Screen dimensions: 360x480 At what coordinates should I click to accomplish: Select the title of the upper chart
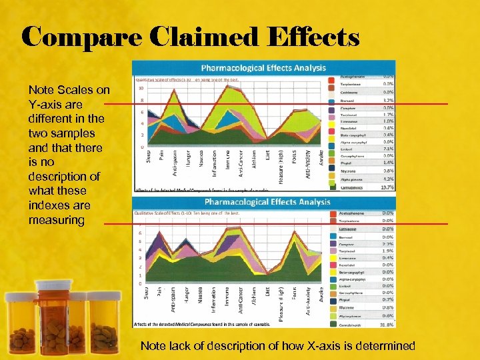tap(264, 67)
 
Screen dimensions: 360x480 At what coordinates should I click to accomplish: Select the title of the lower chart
tap(267, 201)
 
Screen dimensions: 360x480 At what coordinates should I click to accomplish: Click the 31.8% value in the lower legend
tap(387, 324)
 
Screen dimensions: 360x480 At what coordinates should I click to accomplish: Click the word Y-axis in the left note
tap(44, 104)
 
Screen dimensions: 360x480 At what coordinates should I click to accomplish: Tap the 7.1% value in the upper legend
tap(387, 149)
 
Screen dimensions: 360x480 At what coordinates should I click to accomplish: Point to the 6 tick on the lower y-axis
tap(140, 233)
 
